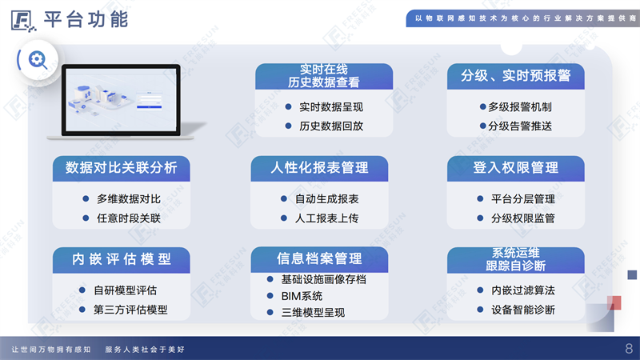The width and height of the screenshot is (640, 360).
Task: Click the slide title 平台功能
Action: click(86, 19)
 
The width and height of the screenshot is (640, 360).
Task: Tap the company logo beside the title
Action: click(23, 21)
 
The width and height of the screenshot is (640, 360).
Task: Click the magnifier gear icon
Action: click(38, 60)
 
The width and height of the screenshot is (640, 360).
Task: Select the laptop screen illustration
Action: click(122, 100)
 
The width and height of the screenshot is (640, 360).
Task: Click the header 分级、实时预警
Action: click(515, 75)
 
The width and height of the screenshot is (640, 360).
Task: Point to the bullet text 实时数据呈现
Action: click(331, 107)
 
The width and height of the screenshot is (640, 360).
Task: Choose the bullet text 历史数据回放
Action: click(331, 126)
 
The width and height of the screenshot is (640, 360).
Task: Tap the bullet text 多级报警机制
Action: click(519, 107)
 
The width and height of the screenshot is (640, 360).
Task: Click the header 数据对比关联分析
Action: click(122, 167)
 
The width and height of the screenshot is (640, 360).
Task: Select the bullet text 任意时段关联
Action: click(129, 218)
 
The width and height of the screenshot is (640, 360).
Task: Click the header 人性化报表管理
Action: click(319, 167)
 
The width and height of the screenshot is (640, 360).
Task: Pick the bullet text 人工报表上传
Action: click(326, 218)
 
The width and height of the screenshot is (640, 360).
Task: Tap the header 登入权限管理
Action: click(515, 167)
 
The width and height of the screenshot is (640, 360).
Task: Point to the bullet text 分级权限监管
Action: click(523, 218)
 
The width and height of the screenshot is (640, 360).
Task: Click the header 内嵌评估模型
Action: click(122, 259)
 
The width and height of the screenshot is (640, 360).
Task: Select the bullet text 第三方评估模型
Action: click(130, 310)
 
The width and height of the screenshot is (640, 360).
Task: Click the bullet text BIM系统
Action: click(302, 296)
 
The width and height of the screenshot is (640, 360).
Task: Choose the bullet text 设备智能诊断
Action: click(523, 310)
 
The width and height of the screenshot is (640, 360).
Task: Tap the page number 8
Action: click(629, 349)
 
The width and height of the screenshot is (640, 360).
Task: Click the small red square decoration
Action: click(614, 303)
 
